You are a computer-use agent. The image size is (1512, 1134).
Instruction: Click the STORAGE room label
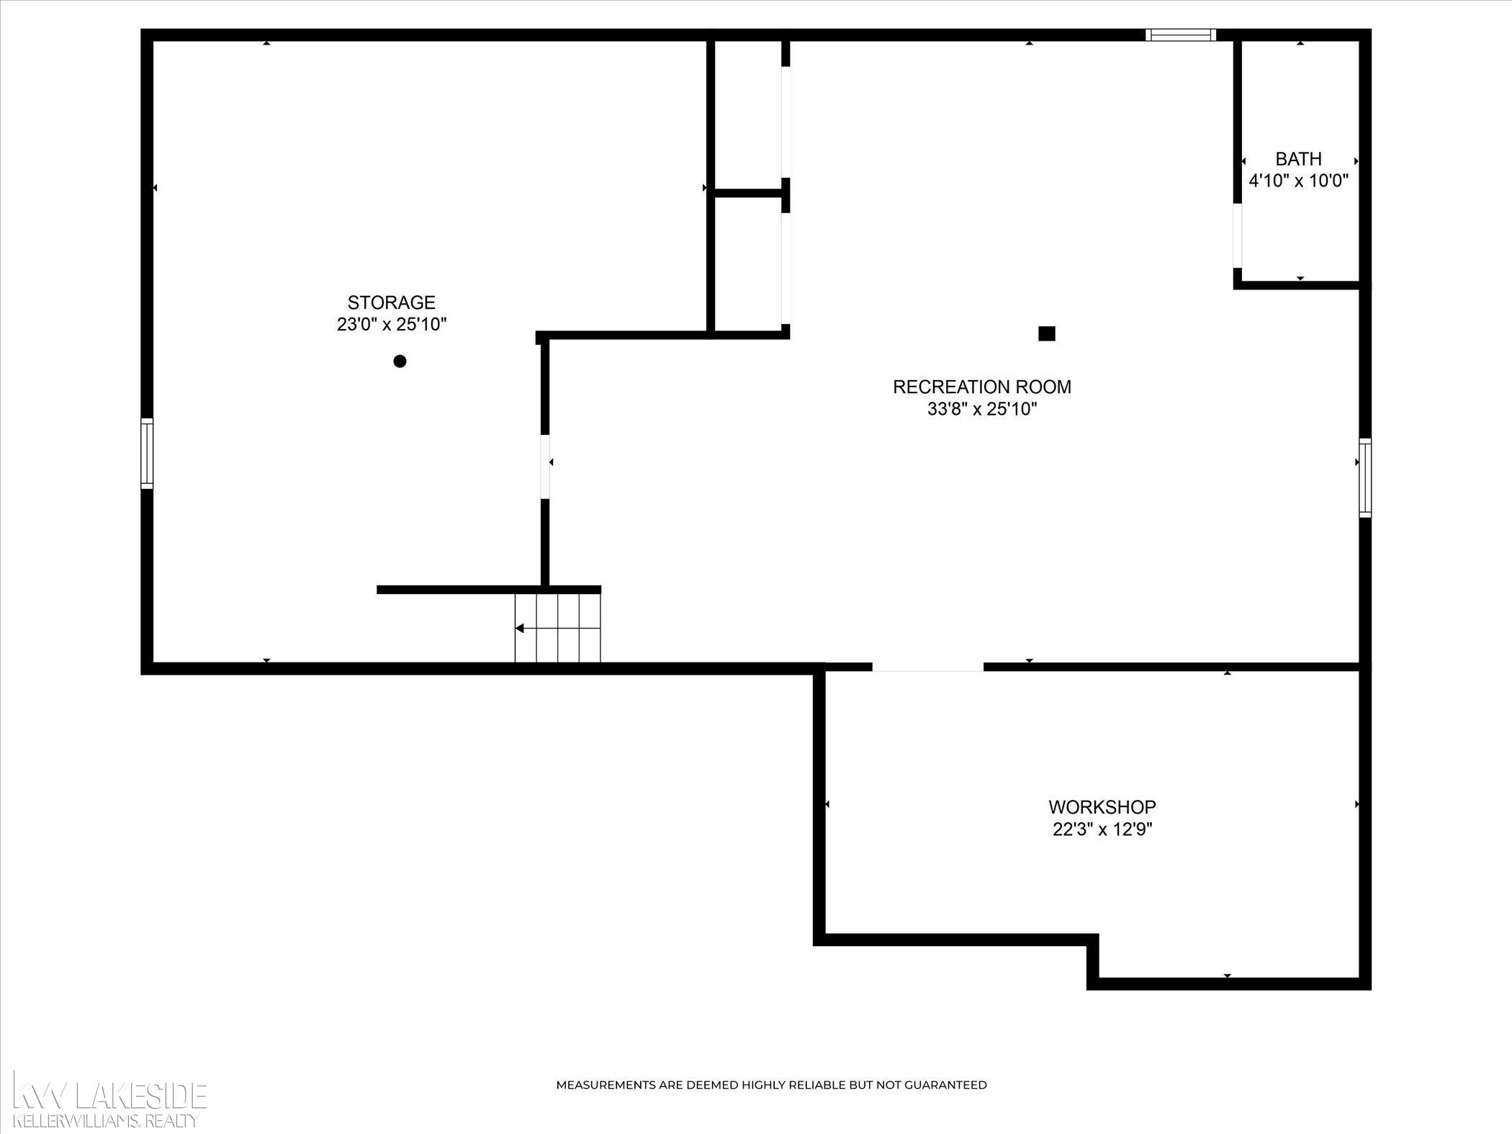[392, 302]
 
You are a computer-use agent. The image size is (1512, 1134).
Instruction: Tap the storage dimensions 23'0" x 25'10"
[392, 325]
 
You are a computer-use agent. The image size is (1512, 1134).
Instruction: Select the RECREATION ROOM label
[982, 387]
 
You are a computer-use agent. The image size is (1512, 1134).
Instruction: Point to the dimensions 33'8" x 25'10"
[982, 410]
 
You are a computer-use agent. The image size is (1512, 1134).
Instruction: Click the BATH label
[1299, 158]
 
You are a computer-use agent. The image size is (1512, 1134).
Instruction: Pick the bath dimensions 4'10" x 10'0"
[1299, 181]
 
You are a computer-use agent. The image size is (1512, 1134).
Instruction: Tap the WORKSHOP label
[1102, 807]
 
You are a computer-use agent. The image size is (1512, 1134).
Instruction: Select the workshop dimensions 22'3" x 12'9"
[1102, 830]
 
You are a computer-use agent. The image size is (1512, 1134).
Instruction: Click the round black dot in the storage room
[400, 361]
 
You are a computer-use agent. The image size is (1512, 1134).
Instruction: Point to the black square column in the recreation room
[1047, 333]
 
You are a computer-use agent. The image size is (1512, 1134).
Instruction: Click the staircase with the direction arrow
[557, 628]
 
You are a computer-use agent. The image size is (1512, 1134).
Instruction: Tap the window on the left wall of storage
[147, 454]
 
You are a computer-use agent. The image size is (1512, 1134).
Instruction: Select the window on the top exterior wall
[1181, 35]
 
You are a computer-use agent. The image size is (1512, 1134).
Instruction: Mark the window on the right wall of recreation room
[1365, 477]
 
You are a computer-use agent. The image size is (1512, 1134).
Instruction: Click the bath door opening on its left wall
[1238, 236]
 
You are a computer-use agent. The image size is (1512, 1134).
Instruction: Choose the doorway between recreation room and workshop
[928, 667]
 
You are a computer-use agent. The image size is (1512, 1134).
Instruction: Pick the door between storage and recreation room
[545, 466]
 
